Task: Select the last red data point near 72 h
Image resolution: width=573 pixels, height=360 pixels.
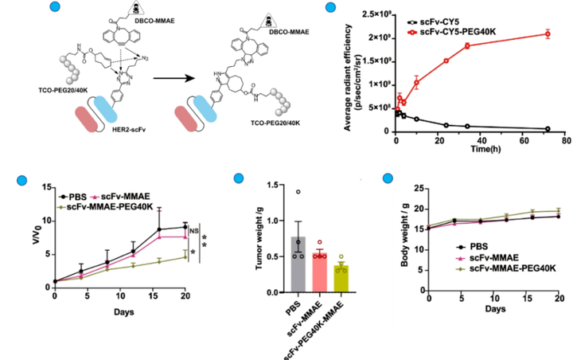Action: (548, 33)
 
